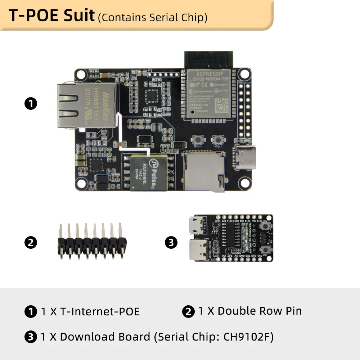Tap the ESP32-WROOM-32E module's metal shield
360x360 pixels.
[208, 94]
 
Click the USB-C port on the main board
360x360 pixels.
[245, 157]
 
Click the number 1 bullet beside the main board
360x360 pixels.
[31, 104]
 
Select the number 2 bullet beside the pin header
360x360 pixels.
[31, 243]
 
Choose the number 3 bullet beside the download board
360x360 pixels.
[171, 243]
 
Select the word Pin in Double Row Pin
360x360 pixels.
[292, 311]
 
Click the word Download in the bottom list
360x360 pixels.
[85, 337]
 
